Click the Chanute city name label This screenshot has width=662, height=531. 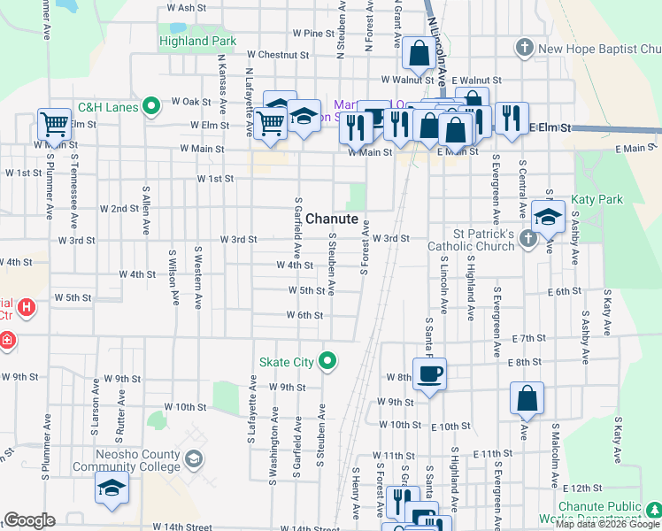click(x=333, y=219)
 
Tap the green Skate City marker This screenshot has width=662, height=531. click(x=328, y=360)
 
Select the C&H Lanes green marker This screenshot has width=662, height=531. click(x=150, y=108)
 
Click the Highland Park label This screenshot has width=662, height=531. click(x=197, y=41)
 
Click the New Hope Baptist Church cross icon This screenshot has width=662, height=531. click(x=524, y=48)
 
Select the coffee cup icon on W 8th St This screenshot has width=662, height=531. click(x=429, y=373)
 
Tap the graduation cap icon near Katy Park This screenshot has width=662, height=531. click(x=549, y=216)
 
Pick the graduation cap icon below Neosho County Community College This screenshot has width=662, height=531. click(x=112, y=488)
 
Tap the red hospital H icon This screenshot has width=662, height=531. click(x=27, y=308)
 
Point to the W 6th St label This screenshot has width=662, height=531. click(x=304, y=315)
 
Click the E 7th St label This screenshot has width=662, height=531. click(x=528, y=338)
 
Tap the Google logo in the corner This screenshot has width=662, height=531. click(x=29, y=520)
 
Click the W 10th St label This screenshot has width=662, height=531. click(x=186, y=407)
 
